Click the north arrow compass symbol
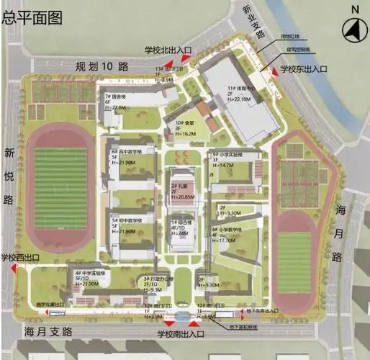tap(353, 30)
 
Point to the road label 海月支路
tap(49, 332)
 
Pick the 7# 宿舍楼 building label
tap(117, 96)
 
